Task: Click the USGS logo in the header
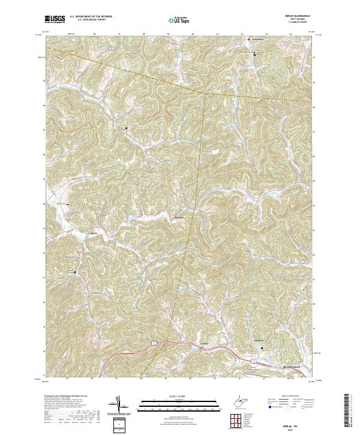click(x=55, y=19)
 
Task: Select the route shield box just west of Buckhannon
click(x=254, y=360)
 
